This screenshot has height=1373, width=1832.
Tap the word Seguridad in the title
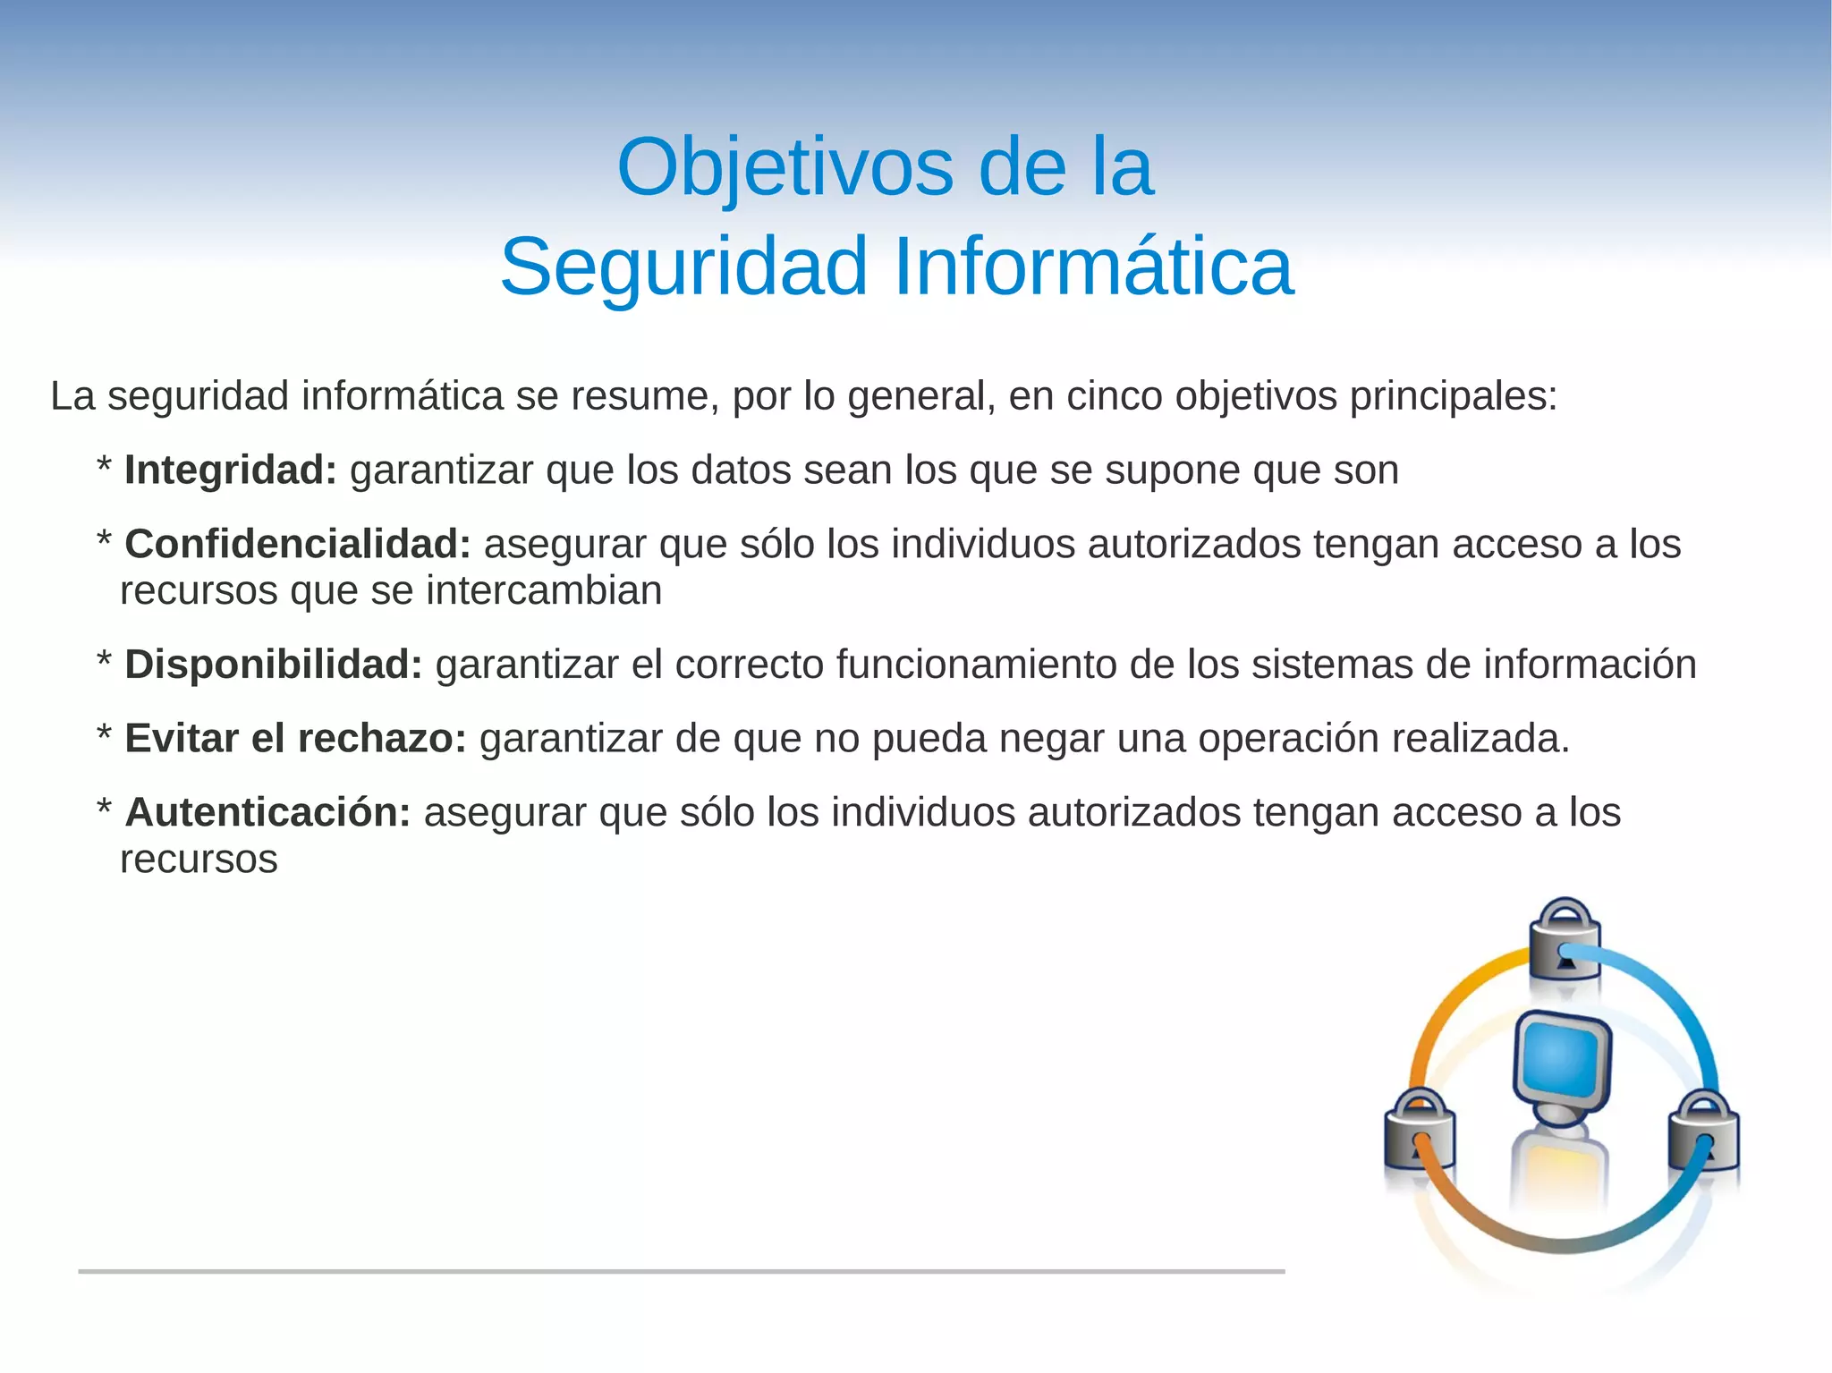click(x=683, y=267)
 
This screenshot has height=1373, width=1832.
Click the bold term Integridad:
click(x=230, y=470)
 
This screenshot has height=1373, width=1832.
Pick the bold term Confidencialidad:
click(x=297, y=544)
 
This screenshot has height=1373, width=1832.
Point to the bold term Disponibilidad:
click(x=273, y=665)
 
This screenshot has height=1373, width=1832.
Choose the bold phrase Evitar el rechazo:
click(x=295, y=739)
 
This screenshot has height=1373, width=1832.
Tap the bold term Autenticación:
click(x=267, y=812)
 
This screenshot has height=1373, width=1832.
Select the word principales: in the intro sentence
click(x=1454, y=396)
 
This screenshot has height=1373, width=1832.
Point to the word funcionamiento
click(x=976, y=665)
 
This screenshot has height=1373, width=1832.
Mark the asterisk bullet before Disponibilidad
click(x=104, y=662)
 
